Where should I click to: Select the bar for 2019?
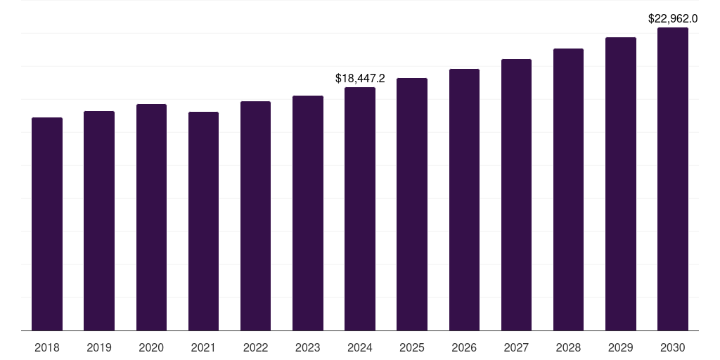pos(99,221)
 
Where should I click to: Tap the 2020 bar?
pos(151,217)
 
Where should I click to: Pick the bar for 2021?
pos(203,221)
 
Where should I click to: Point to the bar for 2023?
pos(308,213)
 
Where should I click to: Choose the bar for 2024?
pos(360,209)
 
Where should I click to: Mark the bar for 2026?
pos(464,200)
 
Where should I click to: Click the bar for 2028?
pos(568,189)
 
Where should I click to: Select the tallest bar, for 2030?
pos(673,179)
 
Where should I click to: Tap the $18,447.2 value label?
pos(360,78)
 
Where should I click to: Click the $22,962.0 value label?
pos(673,18)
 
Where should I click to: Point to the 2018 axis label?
pos(47,347)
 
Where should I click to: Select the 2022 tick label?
pos(255,347)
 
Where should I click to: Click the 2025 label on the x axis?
pos(412,347)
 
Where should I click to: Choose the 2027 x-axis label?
pos(516,347)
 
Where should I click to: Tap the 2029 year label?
pos(620,347)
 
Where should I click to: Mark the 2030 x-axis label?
pos(673,347)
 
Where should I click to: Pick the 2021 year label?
pos(203,347)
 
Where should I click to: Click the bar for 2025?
pos(412,204)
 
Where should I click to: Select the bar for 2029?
pos(620,184)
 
